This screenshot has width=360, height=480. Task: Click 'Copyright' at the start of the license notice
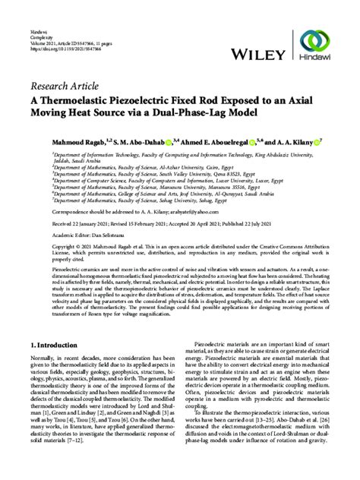coord(43,248)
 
